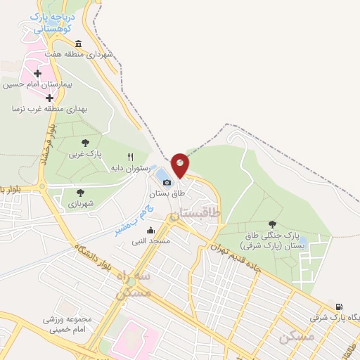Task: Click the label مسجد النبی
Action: [151, 242]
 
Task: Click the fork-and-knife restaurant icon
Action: [129, 157]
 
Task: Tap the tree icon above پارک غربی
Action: [85, 143]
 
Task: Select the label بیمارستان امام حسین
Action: [35, 84]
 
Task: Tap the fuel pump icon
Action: [340, 307]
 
